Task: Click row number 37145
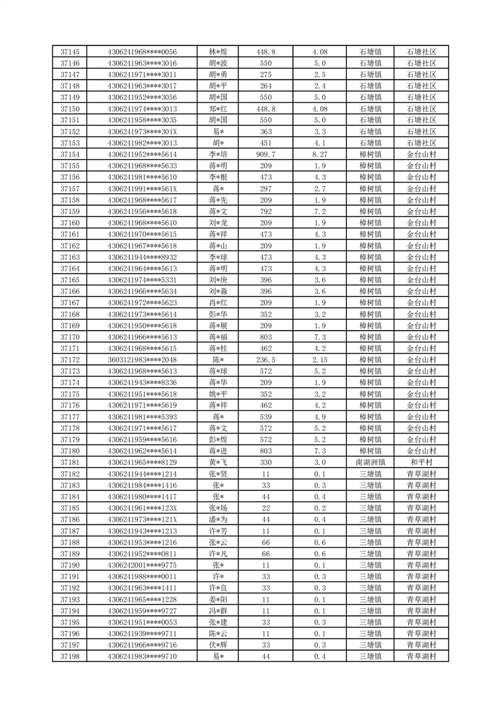coord(70,52)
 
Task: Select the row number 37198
coord(70,656)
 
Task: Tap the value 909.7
coord(266,155)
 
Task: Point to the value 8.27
coord(319,155)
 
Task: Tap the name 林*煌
coord(218,52)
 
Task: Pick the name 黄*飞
coord(218,463)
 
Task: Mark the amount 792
coord(266,211)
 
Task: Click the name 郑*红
coord(218,109)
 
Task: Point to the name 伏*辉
coord(218,645)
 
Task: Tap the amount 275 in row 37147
coord(266,74)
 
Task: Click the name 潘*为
coord(218,519)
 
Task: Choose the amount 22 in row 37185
coord(266,508)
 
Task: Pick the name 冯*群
coord(218,611)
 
